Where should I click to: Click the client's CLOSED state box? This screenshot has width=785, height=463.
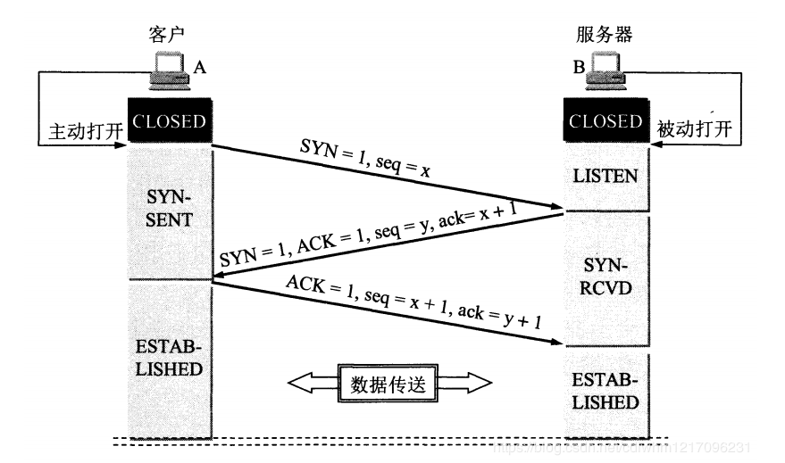170,121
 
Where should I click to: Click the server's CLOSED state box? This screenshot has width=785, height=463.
605,121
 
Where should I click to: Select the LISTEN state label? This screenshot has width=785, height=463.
605,177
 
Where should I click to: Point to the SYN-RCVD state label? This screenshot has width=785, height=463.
605,278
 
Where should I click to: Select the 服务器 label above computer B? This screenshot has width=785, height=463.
605,36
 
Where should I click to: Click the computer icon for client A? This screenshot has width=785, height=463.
168,70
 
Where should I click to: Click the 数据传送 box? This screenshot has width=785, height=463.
388,384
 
